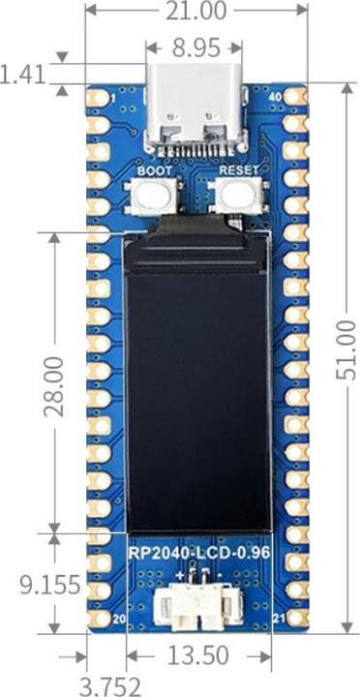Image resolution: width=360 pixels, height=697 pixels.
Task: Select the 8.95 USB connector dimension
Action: pos(195,46)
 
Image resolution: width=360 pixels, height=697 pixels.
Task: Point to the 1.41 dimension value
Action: pos(24,75)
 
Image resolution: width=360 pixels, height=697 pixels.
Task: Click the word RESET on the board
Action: pos(238,169)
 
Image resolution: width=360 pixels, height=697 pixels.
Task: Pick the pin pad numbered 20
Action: pos(98,618)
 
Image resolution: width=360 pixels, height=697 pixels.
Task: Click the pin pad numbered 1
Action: pos(98,97)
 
